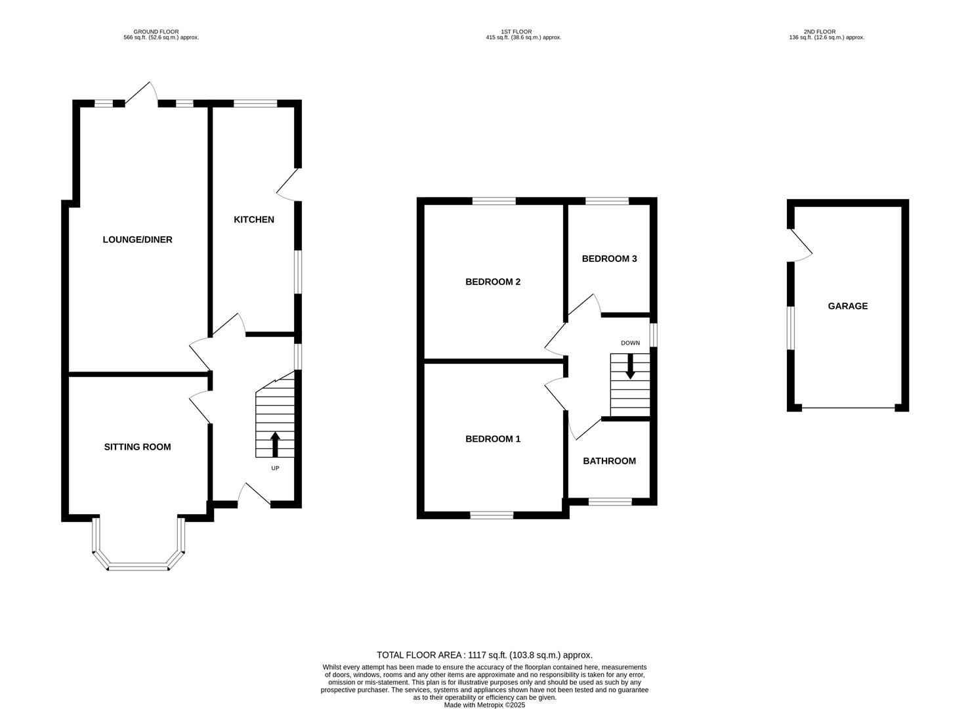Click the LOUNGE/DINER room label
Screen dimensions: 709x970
[137, 240]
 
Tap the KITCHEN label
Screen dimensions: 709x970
[254, 219]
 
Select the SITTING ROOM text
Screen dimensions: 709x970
[137, 447]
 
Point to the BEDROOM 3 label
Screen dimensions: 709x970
[609, 259]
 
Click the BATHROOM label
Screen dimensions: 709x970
[609, 461]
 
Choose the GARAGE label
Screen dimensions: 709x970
[847, 306]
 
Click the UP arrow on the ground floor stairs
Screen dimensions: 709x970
[275, 444]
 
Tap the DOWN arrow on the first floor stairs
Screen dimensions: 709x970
[630, 366]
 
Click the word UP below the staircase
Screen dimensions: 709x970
[275, 468]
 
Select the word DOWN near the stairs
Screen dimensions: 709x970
[630, 343]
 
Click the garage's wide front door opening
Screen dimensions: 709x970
[848, 408]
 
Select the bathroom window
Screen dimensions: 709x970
[610, 502]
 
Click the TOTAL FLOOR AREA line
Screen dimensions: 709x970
[484, 655]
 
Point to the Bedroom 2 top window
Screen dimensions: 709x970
[494, 201]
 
